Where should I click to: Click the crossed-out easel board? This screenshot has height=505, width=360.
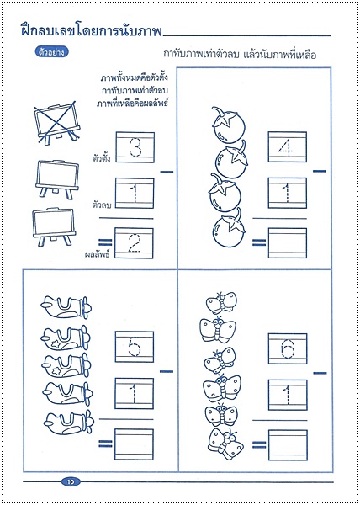tap(57, 123)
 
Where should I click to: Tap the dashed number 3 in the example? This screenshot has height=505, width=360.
tap(135, 147)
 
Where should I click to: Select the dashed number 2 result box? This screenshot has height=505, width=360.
tap(134, 243)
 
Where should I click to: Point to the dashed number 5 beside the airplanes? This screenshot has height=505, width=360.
tap(134, 347)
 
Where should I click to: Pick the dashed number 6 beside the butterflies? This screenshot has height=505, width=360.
tap(288, 348)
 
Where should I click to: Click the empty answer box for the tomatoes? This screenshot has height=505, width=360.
tap(288, 243)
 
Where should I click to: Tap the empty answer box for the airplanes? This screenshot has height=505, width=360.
tap(134, 444)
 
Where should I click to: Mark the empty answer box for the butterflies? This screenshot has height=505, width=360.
tap(288, 445)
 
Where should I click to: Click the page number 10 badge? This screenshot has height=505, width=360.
tap(71, 481)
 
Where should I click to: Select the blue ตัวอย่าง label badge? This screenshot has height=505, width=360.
tap(51, 52)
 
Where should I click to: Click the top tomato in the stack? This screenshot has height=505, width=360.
tap(228, 125)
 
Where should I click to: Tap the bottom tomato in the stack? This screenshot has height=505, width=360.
tap(229, 228)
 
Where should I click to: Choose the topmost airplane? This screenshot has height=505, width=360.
tap(66, 307)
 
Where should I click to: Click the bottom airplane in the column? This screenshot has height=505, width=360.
tap(69, 423)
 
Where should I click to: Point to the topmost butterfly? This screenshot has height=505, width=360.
tap(221, 303)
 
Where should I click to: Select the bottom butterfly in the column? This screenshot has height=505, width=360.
tap(225, 444)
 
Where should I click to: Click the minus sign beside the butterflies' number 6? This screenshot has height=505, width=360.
tap(320, 373)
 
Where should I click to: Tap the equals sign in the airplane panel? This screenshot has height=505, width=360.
tap(105, 444)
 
